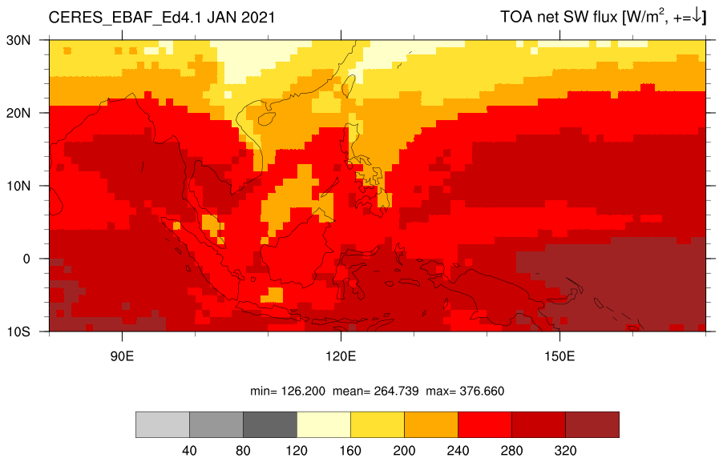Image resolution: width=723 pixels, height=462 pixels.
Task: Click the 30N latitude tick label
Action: point(18,41)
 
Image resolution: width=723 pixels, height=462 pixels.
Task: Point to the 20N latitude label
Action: point(18,114)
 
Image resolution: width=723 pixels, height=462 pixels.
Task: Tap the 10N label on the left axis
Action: point(18,186)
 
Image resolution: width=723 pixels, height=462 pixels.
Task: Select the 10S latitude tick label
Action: point(18,331)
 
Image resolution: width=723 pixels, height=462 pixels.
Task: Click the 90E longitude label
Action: point(122,356)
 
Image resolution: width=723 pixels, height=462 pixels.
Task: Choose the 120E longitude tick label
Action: point(341,356)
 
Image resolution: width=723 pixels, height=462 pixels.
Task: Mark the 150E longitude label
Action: point(559,356)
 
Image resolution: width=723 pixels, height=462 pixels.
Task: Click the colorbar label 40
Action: point(189,451)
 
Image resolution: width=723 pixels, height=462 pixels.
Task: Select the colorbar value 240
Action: point(458,451)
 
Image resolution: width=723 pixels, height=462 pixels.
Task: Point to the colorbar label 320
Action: point(565,451)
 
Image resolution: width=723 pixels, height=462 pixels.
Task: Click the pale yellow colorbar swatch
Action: point(324,424)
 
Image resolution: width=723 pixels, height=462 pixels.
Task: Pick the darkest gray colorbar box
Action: point(270,424)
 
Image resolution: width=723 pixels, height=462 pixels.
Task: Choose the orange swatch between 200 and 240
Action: point(431,424)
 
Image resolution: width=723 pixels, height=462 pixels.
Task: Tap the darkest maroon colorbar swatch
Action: point(592,424)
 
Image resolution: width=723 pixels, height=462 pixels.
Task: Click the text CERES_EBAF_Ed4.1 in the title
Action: point(126,18)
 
